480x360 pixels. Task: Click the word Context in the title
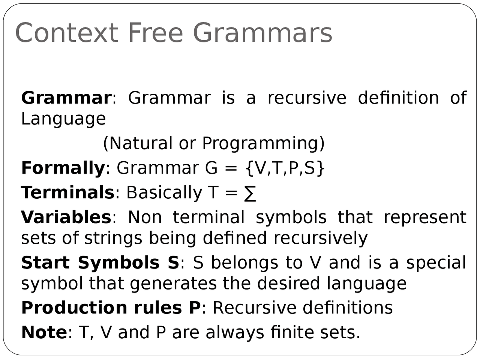(67, 33)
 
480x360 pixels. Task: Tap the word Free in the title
(155, 33)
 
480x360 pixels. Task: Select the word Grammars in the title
(262, 33)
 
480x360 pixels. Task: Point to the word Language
(63, 119)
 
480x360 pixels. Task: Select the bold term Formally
(63, 168)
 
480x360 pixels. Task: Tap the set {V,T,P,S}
(285, 168)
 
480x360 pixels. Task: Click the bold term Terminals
(67, 193)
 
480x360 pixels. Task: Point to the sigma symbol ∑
(250, 193)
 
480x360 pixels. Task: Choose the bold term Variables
(66, 217)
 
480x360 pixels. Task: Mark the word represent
(425, 217)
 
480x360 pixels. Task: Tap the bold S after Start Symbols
(173, 262)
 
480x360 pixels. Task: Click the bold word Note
(44, 333)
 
